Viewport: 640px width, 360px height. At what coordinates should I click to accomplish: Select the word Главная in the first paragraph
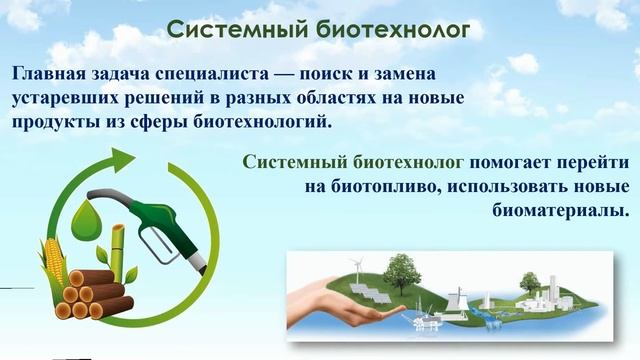click(49, 75)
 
